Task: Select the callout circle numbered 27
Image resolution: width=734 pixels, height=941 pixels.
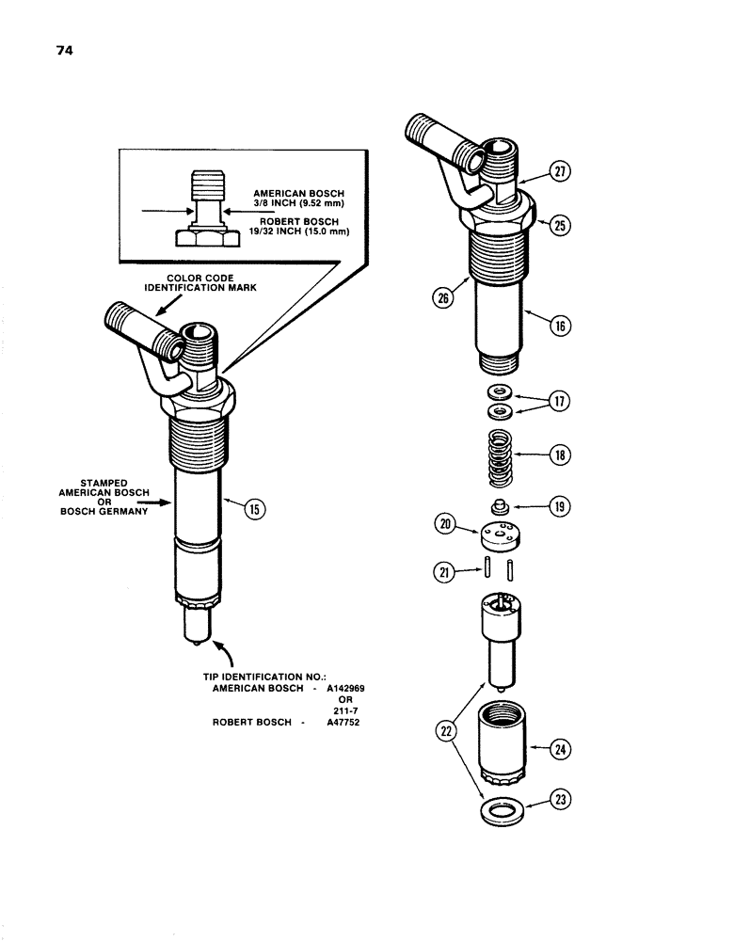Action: pos(561,172)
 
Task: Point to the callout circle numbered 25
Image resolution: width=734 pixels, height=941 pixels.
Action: pos(561,226)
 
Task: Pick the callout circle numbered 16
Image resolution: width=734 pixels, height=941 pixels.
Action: pos(561,327)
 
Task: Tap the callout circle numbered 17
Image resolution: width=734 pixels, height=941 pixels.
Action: pos(562,401)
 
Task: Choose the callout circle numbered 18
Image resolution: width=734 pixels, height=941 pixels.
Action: pos(562,455)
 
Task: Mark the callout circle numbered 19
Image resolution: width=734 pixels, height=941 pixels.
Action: pos(562,505)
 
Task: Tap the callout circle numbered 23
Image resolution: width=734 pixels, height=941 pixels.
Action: pos(562,802)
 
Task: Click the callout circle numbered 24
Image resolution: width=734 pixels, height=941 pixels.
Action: pos(562,750)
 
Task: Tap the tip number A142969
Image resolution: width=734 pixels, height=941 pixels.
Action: pos(345,688)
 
